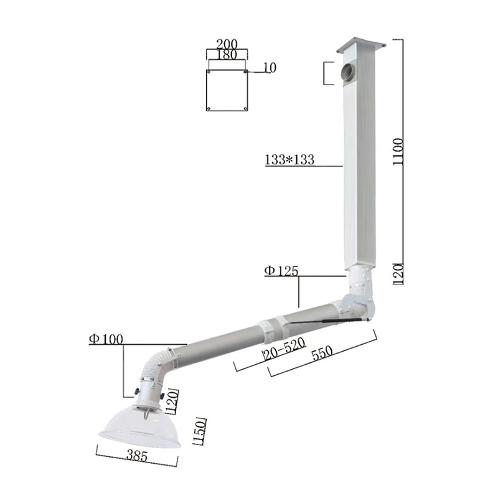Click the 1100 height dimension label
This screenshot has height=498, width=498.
click(x=402, y=151)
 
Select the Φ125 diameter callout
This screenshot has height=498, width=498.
click(x=281, y=271)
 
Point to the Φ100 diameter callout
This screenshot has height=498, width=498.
click(x=106, y=339)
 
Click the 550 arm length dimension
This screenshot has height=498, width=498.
click(x=324, y=352)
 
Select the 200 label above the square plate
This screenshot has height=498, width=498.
click(x=226, y=44)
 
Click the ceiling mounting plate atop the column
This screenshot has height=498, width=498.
click(x=360, y=47)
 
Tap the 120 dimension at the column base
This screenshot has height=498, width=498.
click(x=401, y=272)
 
